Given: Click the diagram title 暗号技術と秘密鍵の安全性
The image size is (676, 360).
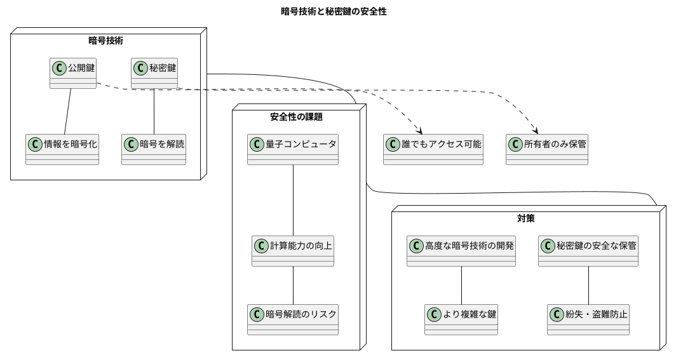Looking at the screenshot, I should click(x=334, y=11).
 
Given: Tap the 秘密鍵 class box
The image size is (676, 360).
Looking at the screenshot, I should click(x=155, y=73).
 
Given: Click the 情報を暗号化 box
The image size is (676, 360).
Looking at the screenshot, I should click(x=62, y=149).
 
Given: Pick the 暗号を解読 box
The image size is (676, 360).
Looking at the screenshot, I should click(x=154, y=149).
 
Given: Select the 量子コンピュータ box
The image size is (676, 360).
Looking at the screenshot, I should click(x=293, y=149).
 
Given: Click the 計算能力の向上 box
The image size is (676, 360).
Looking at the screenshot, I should click(x=293, y=251).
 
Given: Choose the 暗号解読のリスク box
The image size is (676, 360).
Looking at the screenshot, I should click(x=293, y=319).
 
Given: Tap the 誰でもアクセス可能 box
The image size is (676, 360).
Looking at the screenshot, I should click(x=433, y=149).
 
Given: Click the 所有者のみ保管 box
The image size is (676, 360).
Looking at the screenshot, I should click(x=547, y=149).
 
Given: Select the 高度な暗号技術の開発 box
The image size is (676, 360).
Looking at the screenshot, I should click(x=461, y=251).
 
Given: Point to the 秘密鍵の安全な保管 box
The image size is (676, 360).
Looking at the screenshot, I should click(x=588, y=251).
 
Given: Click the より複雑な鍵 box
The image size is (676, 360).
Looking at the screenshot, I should click(x=461, y=319).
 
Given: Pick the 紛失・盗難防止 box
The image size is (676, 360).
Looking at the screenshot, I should click(x=588, y=319).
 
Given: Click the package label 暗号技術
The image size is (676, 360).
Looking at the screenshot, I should click(x=105, y=41).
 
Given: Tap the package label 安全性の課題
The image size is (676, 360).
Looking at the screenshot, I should click(x=296, y=116).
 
